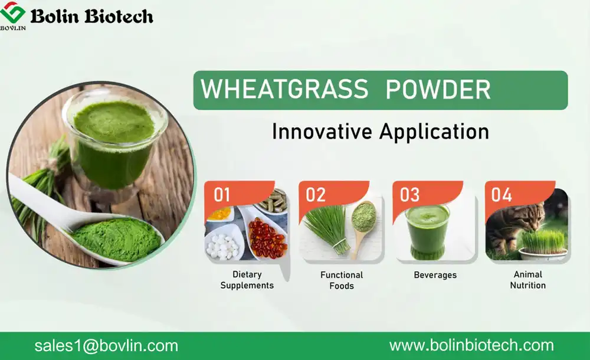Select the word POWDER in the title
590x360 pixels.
tap(437, 90)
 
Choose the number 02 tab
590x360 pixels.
tap(316, 195)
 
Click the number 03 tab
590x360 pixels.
tap(410, 195)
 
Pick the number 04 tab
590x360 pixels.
tap(502, 195)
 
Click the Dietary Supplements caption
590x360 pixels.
tap(247, 280)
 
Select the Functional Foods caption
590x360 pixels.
tap(342, 280)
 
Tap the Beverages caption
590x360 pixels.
tap(435, 275)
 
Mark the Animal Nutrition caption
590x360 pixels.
tap(528, 280)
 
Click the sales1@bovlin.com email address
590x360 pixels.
tap(106, 346)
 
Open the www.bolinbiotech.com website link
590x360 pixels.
tap(471, 346)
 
